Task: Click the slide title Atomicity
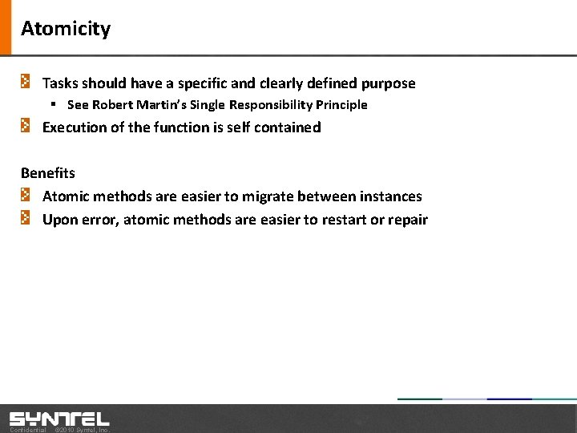[66, 29]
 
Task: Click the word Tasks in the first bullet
[59, 83]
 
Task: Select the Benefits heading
[48, 173]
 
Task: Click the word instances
[389, 196]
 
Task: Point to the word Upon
[60, 220]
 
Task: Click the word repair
[408, 220]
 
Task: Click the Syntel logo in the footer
[59, 419]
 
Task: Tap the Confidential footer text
[28, 430]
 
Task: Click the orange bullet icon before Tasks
[26, 82]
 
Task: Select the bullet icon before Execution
[26, 126]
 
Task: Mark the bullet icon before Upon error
[26, 218]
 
